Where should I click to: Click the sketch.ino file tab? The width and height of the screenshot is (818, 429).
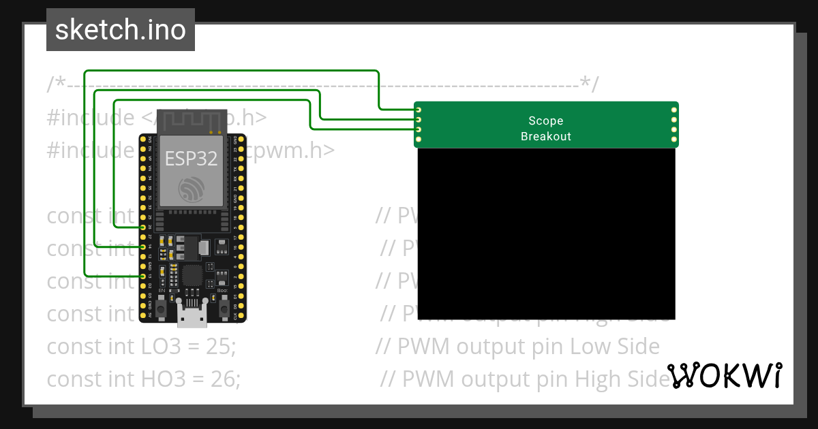(121, 30)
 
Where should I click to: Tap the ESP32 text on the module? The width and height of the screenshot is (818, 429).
(191, 159)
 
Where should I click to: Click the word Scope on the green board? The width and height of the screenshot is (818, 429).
(545, 121)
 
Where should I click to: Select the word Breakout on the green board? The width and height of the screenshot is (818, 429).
(545, 136)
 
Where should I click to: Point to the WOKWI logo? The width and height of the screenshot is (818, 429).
(724, 375)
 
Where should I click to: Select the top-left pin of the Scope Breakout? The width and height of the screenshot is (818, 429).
(419, 110)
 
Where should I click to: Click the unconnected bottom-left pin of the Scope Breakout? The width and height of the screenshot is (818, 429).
(419, 140)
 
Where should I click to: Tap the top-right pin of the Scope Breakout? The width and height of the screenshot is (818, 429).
(674, 110)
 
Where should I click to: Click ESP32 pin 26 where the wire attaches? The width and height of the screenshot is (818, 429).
(142, 227)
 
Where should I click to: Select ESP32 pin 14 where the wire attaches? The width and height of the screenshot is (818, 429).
(142, 247)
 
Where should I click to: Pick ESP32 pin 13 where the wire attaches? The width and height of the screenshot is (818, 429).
(142, 276)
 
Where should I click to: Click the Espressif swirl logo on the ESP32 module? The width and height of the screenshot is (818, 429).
(191, 189)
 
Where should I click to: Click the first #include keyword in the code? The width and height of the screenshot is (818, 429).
(91, 117)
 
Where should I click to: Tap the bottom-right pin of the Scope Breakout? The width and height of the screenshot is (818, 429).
(674, 140)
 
